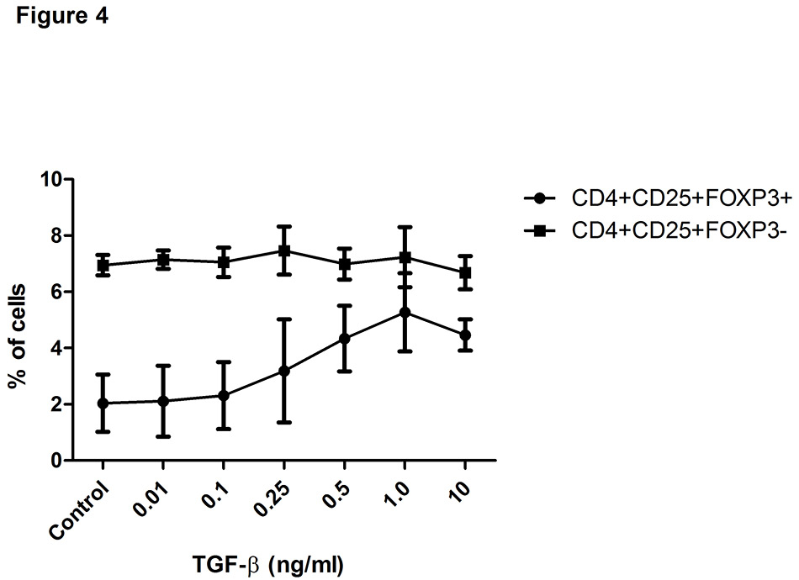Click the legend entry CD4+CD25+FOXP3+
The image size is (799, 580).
pyautogui.click(x=669, y=199)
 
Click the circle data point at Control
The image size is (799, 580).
pyautogui.click(x=103, y=403)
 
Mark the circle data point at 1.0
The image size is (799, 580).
pyautogui.click(x=405, y=313)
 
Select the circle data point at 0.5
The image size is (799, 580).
pyautogui.click(x=344, y=339)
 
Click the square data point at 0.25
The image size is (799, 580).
pyautogui.click(x=284, y=250)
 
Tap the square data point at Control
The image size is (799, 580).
pyautogui.click(x=103, y=266)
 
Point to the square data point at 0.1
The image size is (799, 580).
pyautogui.click(x=224, y=262)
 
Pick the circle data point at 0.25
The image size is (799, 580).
pyautogui.click(x=284, y=371)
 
